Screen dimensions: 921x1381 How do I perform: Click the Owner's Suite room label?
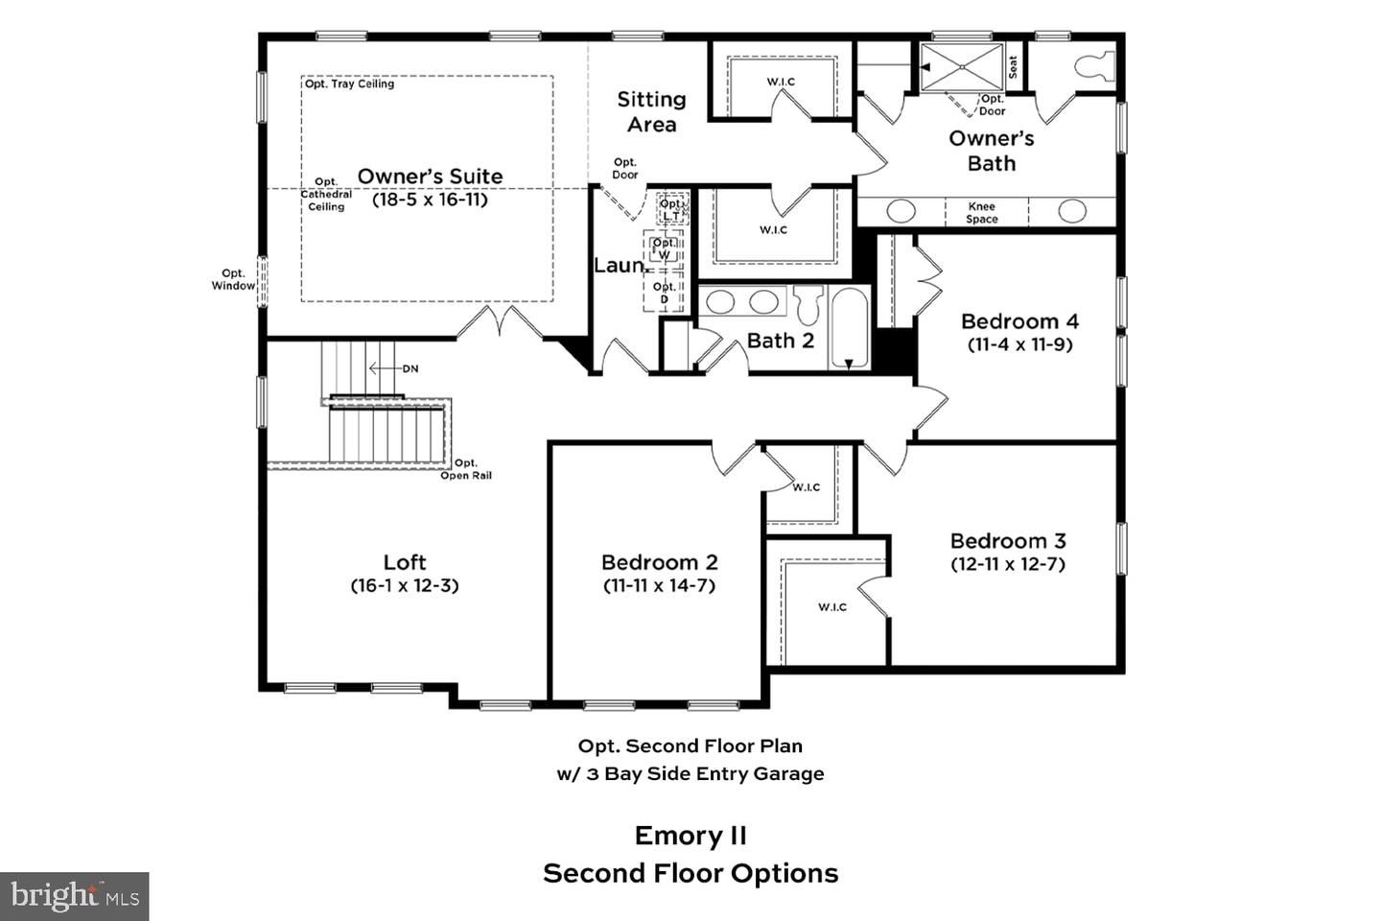(430, 177)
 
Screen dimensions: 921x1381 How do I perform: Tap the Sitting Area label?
(651, 111)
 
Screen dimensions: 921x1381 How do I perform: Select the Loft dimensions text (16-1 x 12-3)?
(405, 585)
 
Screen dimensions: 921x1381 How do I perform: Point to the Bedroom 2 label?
(659, 562)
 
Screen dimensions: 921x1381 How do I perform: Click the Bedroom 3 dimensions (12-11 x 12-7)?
(1008, 564)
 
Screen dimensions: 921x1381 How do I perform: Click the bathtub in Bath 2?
(848, 328)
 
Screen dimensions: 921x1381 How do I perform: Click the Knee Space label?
(981, 213)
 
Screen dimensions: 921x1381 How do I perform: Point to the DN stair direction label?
(410, 368)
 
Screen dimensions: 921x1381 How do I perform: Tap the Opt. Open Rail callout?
(466, 469)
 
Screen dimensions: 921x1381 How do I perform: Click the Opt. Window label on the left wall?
(233, 279)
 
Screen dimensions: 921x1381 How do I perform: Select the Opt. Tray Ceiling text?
(349, 84)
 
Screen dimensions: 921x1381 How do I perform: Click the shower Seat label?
(1013, 66)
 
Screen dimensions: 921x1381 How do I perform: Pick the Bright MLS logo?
(75, 897)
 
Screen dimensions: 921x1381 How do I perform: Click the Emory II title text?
(690, 836)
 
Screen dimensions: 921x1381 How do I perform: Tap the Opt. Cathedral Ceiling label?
(326, 194)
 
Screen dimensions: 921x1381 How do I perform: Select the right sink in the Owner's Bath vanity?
(1071, 211)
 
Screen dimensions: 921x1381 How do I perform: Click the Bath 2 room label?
(780, 341)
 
